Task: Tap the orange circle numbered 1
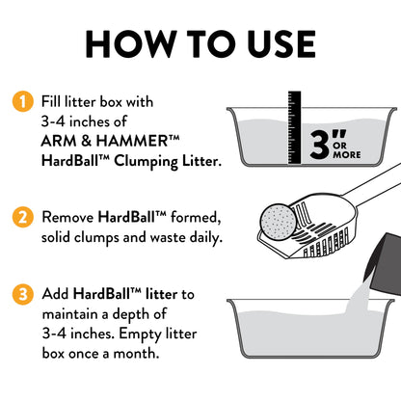click(x=18, y=101)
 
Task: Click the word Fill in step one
click(x=53, y=101)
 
